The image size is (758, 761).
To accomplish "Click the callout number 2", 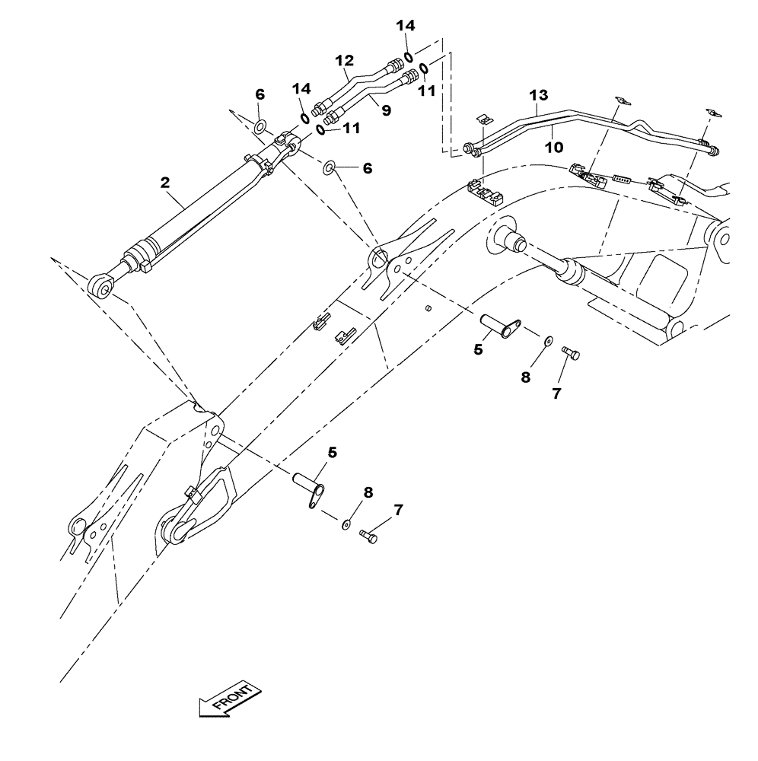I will (x=165, y=182).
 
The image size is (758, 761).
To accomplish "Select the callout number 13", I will (x=538, y=95).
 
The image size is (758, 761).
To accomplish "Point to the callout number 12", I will (x=345, y=59).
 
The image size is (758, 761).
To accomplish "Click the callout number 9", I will (x=386, y=111).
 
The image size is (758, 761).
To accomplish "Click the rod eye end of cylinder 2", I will (x=101, y=286).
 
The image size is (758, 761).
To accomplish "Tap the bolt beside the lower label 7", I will (x=369, y=536).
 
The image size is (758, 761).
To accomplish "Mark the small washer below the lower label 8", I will (x=346, y=524).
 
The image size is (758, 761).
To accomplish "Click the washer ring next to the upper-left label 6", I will (x=260, y=126).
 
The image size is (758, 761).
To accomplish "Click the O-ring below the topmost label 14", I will (x=409, y=57).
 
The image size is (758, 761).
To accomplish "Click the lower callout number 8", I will (x=368, y=492).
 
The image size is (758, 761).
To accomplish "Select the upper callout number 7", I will (x=556, y=394).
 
